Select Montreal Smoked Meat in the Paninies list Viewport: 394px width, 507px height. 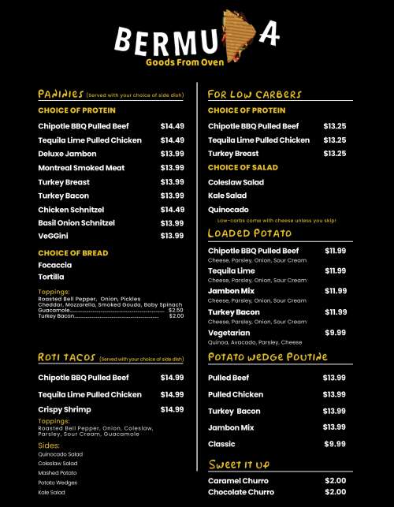pos(81,168)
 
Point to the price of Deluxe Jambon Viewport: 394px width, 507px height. pos(172,154)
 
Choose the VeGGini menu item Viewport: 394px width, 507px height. pos(56,236)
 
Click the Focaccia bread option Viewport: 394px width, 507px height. pos(56,266)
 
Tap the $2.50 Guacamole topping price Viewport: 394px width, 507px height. pos(176,311)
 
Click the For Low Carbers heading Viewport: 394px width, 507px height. pos(255,95)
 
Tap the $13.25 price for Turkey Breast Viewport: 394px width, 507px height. pos(335,154)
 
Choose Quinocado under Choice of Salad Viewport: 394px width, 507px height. pos(228,211)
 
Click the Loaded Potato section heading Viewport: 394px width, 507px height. pos(250,233)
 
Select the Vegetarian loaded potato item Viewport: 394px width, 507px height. pos(229,334)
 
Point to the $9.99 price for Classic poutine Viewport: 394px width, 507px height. pos(335,445)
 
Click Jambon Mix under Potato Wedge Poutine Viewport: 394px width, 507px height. pos(231,427)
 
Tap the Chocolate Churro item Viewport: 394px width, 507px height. pos(241,493)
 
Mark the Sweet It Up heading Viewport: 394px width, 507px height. pos(239,464)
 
